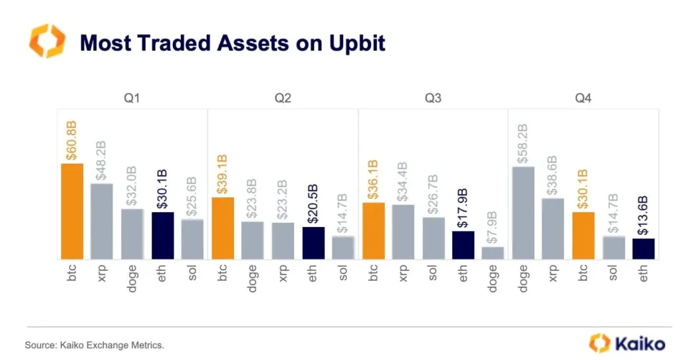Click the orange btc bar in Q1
point(72,211)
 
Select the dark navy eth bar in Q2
point(313,243)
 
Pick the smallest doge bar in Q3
point(493,253)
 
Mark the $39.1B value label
point(223,175)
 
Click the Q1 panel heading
point(132,98)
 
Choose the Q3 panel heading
point(433,98)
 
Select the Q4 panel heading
point(583,98)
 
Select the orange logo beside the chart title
point(47,41)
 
